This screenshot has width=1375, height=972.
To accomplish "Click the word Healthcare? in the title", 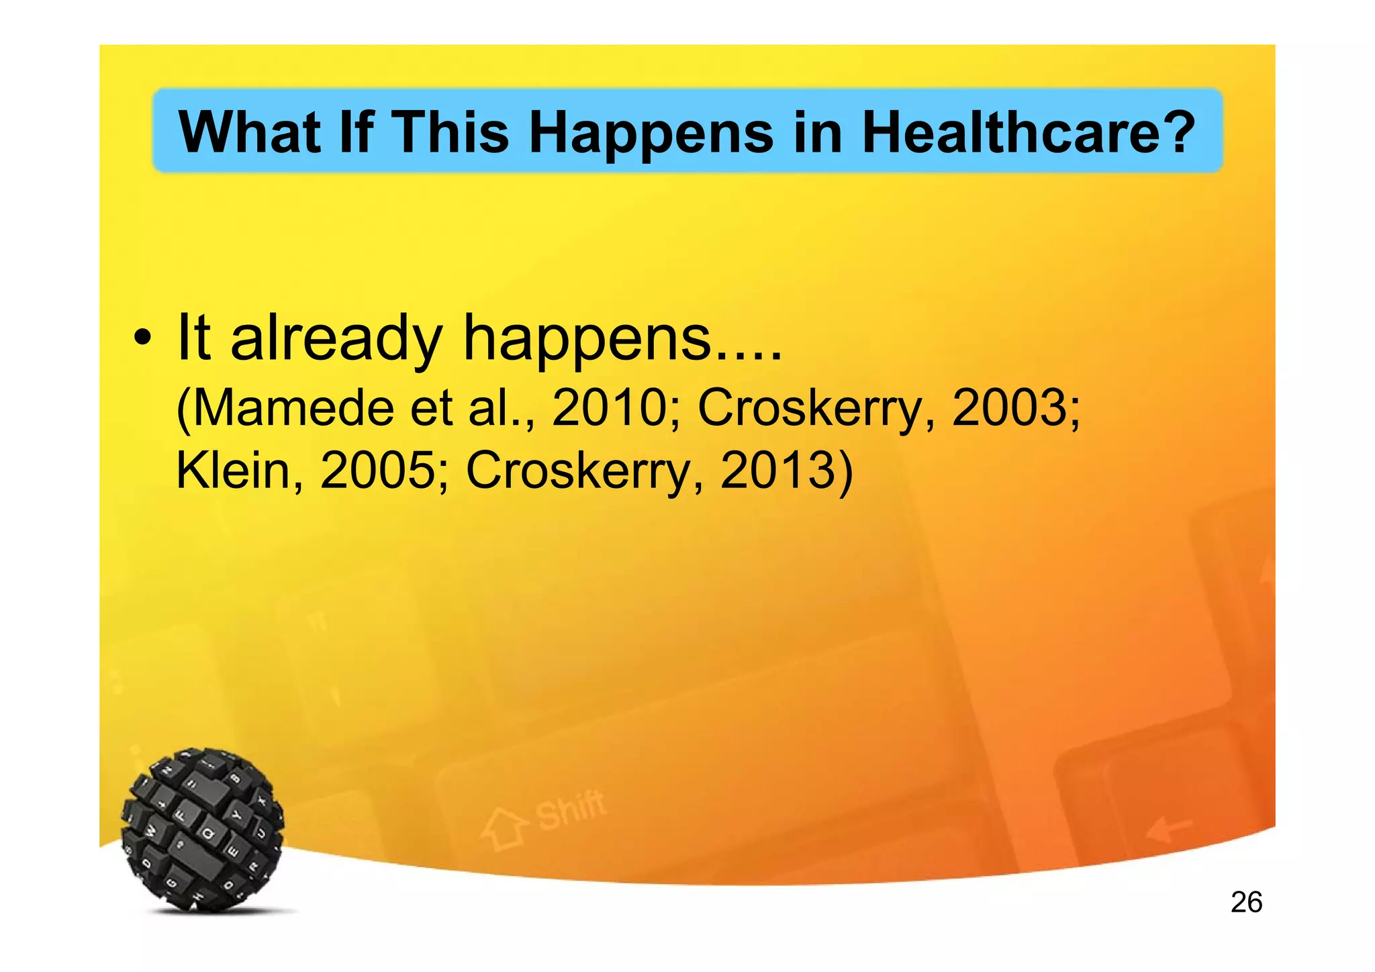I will (x=1028, y=132).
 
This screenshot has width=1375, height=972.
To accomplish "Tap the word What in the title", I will (x=248, y=132).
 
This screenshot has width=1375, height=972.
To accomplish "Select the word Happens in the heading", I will (x=651, y=132).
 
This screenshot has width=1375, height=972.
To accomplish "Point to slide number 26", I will (x=1246, y=902).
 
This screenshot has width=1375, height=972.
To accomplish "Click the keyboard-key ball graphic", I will (x=203, y=830).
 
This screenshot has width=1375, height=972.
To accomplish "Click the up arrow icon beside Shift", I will (x=504, y=829).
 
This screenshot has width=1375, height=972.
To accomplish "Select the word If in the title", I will (x=357, y=132).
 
